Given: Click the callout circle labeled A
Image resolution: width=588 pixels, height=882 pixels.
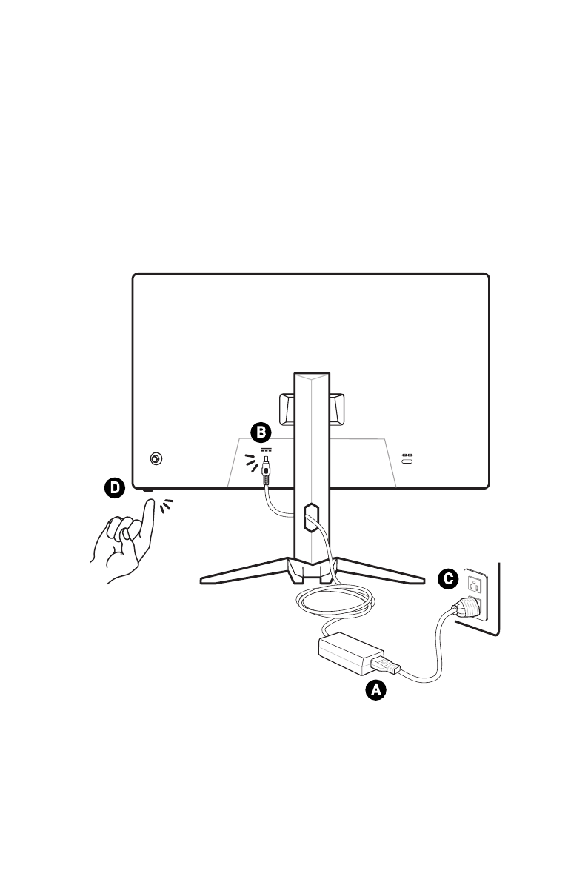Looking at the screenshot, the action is click(376, 690).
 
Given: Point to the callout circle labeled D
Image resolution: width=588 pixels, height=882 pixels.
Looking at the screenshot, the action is click(113, 487).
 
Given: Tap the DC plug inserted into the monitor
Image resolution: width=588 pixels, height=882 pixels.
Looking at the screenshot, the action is click(266, 473).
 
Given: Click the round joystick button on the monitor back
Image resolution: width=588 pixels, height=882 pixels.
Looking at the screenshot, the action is click(156, 459).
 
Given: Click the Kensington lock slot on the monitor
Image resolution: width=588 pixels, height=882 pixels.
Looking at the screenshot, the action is click(407, 462).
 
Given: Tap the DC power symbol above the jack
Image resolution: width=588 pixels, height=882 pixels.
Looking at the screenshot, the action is click(266, 450).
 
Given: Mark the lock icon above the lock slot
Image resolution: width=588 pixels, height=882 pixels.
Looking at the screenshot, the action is click(407, 452).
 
